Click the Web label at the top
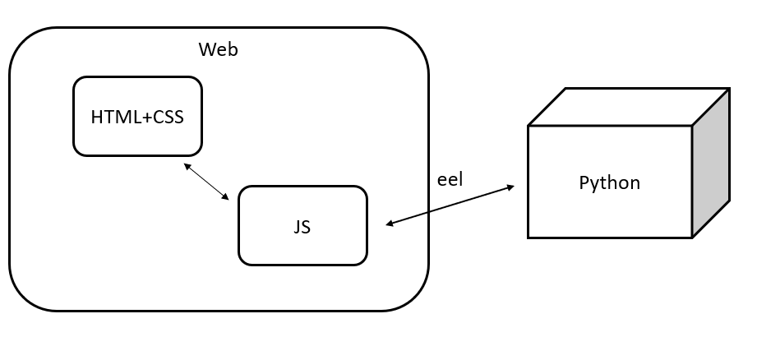[218, 49]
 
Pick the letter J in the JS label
[297, 227]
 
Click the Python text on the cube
[609, 182]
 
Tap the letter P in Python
[584, 182]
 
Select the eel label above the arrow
[450, 179]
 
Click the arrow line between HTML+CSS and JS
[206, 182]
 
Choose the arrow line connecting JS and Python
[450, 205]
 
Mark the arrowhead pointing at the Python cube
[510, 188]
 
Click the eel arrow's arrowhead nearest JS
[390, 223]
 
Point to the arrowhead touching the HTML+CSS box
[187, 166]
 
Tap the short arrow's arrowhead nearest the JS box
[225, 197]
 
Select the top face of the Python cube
[628, 107]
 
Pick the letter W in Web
[206, 49]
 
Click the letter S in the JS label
[306, 227]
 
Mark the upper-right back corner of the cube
[728, 89]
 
